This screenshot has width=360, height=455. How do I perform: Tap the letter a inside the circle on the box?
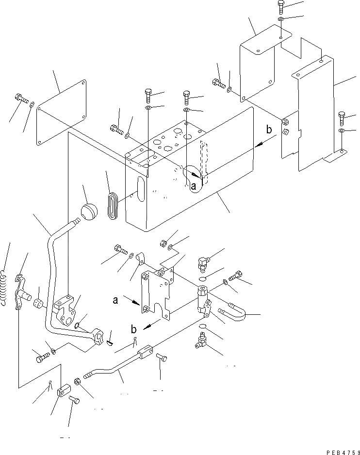tap(193, 185)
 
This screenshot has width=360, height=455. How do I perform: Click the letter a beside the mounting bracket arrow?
tap(115, 300)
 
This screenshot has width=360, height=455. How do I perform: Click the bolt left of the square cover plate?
tap(21, 98)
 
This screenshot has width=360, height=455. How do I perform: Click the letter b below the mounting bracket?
tap(133, 329)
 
